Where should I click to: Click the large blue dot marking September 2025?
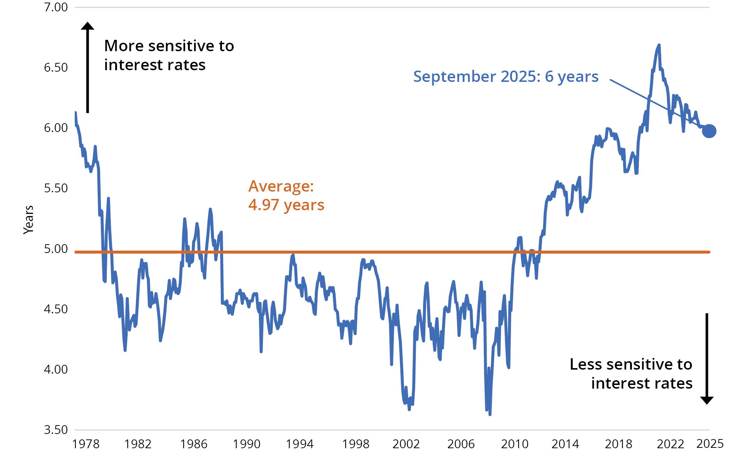click(709, 131)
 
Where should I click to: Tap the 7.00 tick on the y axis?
click(56, 7)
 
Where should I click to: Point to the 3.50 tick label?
click(56, 430)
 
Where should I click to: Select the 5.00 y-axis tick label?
click(56, 249)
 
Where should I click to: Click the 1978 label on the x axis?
click(86, 444)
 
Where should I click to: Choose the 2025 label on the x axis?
click(710, 443)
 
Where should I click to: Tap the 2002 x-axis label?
click(406, 444)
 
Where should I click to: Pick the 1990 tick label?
click(246, 444)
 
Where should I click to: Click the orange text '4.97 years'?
click(286, 205)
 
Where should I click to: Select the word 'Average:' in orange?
click(281, 186)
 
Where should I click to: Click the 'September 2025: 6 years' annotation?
click(505, 76)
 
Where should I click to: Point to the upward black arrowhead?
click(87, 26)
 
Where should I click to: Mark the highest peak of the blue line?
click(659, 45)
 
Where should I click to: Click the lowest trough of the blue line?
click(490, 414)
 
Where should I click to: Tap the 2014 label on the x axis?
click(565, 444)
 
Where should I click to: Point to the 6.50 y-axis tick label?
click(56, 68)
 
